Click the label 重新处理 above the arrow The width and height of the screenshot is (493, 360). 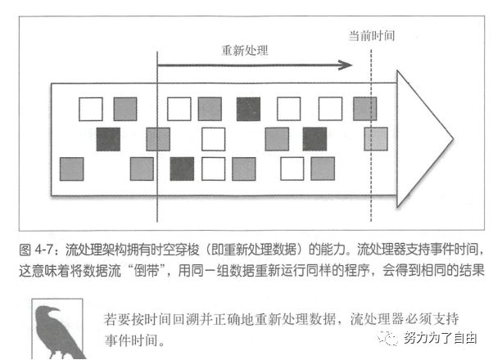(245, 50)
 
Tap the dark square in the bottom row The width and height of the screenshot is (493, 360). (182, 168)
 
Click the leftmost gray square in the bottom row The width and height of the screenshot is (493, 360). (72, 168)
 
